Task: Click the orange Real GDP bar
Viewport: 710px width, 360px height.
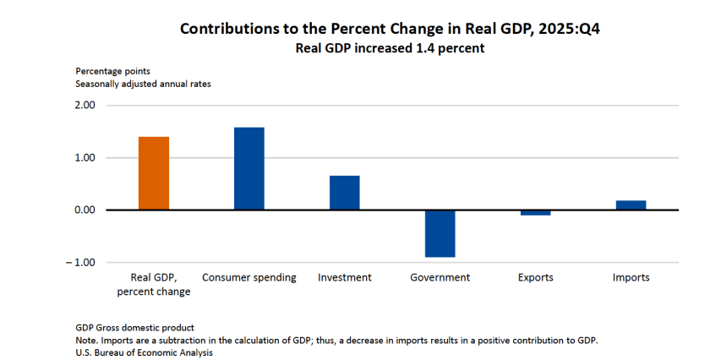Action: point(154,173)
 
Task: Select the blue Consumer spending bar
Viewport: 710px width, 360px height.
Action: point(249,168)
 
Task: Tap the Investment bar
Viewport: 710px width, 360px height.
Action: point(345,193)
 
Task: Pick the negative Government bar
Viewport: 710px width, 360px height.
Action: point(440,233)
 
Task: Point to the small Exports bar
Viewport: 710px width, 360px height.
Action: point(536,213)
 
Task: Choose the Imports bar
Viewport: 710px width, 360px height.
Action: point(631,205)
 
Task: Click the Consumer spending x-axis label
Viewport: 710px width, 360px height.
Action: point(249,278)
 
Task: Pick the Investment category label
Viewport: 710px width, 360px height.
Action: point(345,278)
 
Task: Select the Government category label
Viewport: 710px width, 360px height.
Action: point(440,278)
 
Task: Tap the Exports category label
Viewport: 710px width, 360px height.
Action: point(536,278)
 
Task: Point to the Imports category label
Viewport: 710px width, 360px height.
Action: point(631,278)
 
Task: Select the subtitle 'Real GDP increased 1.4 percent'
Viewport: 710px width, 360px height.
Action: point(390,48)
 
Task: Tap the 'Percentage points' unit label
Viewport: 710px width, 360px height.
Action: point(112,71)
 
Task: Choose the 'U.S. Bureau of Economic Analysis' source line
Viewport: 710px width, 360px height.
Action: point(144,352)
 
